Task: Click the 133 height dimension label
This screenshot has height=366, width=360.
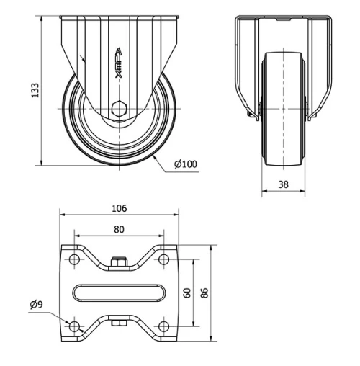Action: click(x=35, y=89)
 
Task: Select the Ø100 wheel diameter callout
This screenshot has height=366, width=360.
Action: click(x=186, y=165)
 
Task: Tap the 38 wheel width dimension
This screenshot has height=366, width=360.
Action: click(x=283, y=184)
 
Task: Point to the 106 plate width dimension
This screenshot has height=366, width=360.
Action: click(x=120, y=208)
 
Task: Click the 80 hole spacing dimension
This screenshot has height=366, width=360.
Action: click(x=120, y=229)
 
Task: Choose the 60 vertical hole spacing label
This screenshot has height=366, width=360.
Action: click(x=186, y=293)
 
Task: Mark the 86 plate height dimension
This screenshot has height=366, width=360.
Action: click(x=204, y=293)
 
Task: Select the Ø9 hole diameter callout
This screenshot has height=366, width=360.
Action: click(x=36, y=305)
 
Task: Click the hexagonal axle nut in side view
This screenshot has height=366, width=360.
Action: click(x=120, y=110)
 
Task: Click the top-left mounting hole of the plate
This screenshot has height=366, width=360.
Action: click(x=73, y=260)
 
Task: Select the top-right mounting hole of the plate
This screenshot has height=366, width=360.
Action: click(x=165, y=260)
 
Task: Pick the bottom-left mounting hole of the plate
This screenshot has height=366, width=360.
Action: click(x=73, y=326)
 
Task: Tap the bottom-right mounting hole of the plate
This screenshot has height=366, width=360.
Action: click(x=165, y=326)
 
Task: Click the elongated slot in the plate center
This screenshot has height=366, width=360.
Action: click(x=120, y=293)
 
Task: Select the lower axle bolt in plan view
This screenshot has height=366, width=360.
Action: click(x=120, y=323)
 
